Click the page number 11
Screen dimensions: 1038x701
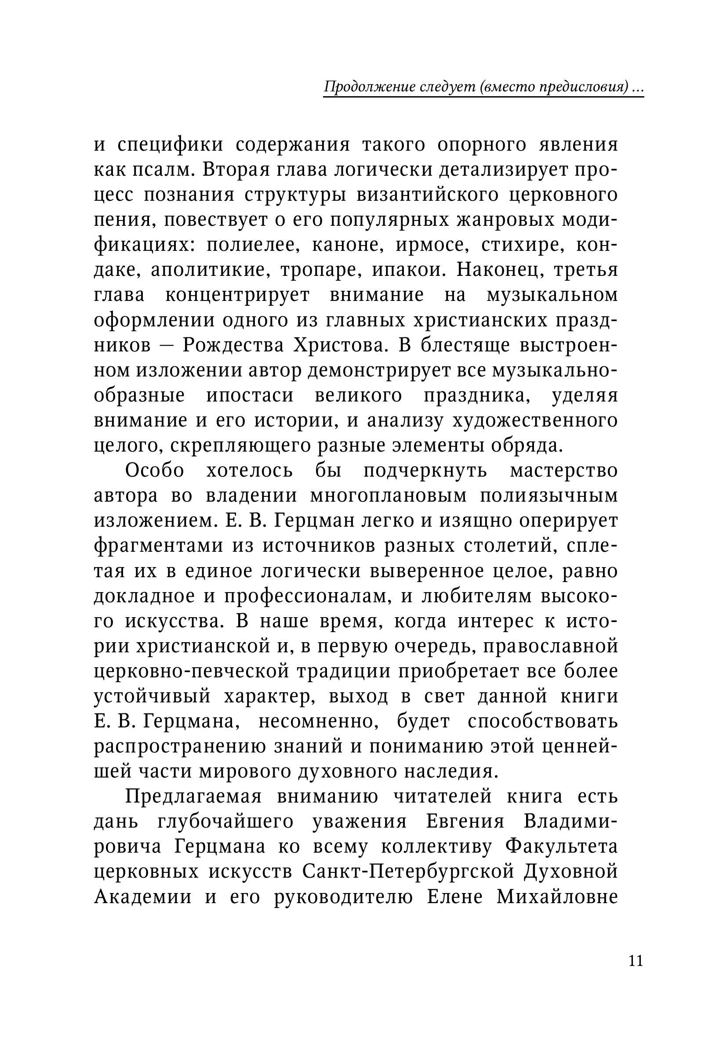(636, 958)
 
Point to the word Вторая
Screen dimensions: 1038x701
(232, 170)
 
